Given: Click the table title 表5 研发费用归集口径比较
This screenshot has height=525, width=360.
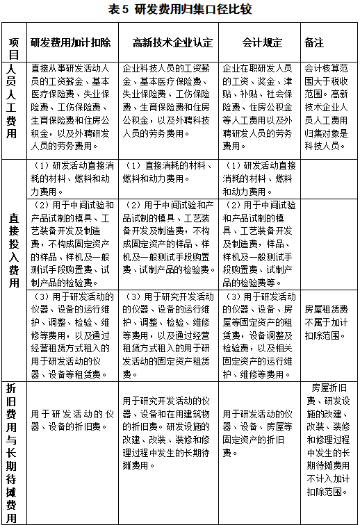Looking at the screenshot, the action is tap(180, 9).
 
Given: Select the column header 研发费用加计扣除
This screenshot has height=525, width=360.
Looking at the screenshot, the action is tap(70, 42).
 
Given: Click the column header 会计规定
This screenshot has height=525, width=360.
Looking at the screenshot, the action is tap(262, 42).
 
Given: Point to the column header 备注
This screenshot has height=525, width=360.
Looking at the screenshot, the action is tap(314, 42).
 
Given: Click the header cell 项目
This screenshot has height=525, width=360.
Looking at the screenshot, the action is tap(13, 42).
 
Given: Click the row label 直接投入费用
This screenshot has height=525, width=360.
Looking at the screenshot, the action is tap(13, 269).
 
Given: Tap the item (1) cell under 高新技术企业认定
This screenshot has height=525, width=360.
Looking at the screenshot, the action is tap(169, 177).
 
